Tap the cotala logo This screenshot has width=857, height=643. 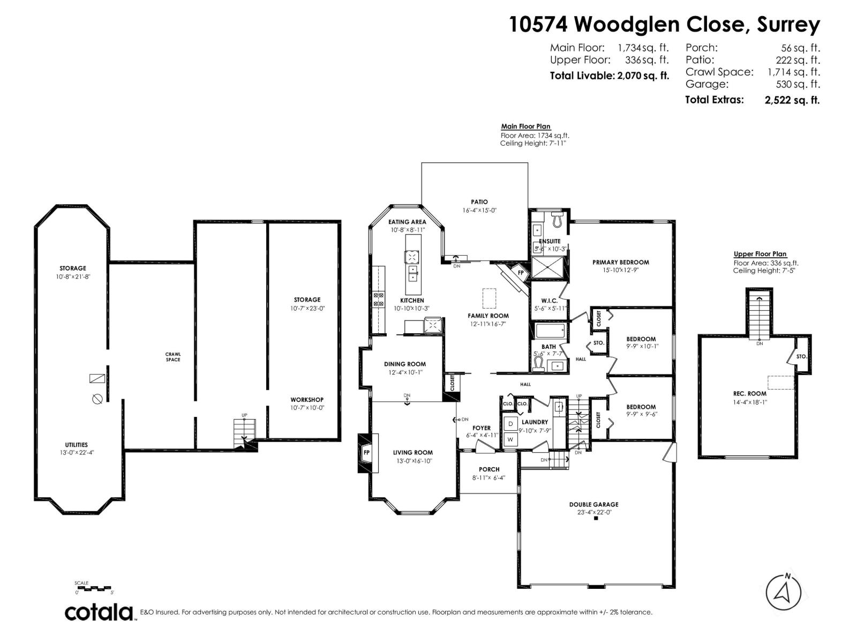[x=100, y=612]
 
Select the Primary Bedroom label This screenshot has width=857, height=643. [x=620, y=263]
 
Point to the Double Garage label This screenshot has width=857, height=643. [x=593, y=504]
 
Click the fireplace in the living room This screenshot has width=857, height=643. [x=366, y=452]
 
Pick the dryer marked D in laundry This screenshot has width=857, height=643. [x=510, y=424]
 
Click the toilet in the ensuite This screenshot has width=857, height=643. [x=557, y=218]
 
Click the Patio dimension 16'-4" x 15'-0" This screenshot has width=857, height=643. [x=479, y=211]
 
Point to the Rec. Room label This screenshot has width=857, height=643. [x=749, y=393]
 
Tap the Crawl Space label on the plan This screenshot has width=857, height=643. [x=172, y=357]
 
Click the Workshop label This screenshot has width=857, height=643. [x=307, y=400]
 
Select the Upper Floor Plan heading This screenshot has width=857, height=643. [x=760, y=254]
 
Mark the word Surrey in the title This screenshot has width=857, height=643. [x=788, y=25]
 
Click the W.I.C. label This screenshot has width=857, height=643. [x=550, y=301]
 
